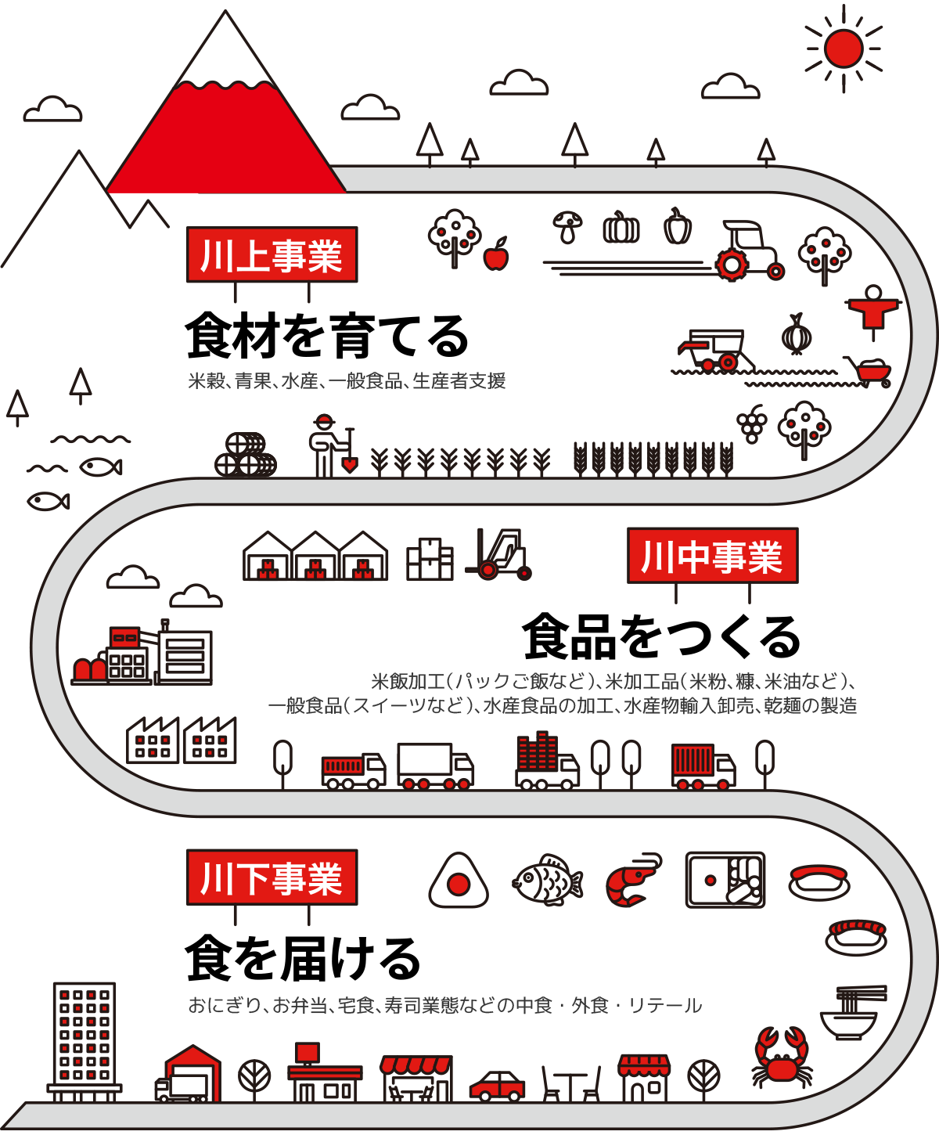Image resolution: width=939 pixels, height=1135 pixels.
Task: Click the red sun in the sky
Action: coord(844,49)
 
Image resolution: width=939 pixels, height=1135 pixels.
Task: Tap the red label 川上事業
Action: coord(272,254)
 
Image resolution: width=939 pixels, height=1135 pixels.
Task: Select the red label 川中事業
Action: coord(712,556)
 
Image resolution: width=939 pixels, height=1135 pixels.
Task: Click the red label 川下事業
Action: coord(272,877)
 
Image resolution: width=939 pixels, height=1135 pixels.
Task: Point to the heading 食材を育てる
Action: coord(327,337)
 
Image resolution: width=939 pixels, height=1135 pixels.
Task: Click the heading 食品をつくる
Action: coord(661,637)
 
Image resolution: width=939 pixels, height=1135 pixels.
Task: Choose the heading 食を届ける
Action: coord(304,959)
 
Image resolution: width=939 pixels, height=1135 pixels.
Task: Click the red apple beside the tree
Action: coord(496,255)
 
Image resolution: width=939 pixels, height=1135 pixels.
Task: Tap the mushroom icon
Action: coord(567,226)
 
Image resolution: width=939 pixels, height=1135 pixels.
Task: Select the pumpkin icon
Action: coord(621,228)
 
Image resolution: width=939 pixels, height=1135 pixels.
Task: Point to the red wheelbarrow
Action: coord(870,371)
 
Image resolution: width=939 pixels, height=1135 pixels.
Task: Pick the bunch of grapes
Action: coord(752,424)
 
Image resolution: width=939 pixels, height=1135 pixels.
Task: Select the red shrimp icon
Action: coord(633,881)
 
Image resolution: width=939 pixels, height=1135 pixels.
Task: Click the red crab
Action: coord(782,1058)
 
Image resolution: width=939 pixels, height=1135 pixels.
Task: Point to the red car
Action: coord(497,1085)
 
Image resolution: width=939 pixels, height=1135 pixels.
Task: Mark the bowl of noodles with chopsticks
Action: coord(851,1014)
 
